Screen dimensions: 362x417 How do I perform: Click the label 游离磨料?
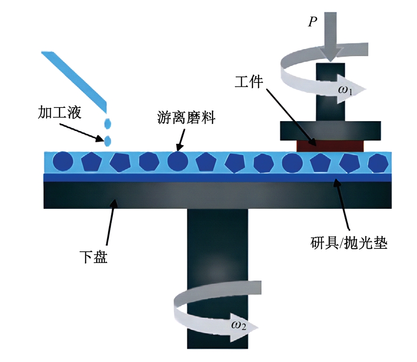[186, 118]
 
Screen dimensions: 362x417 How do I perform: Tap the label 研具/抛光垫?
[349, 244]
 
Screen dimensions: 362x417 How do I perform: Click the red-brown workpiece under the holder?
[330, 145]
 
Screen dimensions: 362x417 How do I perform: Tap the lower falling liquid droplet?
[108, 140]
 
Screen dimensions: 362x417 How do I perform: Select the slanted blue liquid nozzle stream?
[75, 78]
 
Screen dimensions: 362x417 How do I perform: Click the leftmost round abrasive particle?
[64, 163]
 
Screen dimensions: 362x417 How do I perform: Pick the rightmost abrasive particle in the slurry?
[378, 163]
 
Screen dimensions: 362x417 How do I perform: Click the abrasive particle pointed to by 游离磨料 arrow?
[178, 162]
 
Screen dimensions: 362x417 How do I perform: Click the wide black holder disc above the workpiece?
[330, 131]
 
